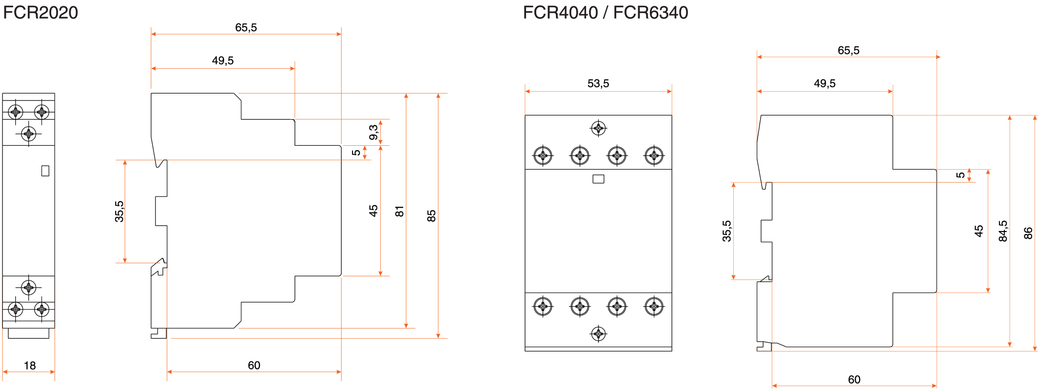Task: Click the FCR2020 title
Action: (40, 13)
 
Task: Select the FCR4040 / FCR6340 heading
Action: (605, 13)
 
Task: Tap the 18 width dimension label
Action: (30, 366)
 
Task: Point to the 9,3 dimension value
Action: (373, 132)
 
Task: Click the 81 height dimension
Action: (400, 211)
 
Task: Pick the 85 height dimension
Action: (431, 216)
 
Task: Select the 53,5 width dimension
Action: (598, 83)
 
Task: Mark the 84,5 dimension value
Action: (1003, 231)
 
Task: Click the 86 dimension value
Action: (1028, 233)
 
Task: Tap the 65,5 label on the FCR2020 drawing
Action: (246, 28)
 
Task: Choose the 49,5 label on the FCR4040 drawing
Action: (824, 83)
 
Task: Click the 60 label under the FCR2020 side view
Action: (254, 366)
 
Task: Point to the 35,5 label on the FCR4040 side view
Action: (727, 231)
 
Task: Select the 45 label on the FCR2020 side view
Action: (373, 211)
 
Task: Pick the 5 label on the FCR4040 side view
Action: (960, 175)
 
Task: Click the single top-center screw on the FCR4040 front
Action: (598, 128)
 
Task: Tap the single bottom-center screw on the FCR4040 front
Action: (598, 334)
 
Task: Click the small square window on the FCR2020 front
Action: (45, 171)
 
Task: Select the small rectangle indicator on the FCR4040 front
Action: (598, 179)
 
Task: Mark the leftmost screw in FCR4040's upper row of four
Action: (543, 156)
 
